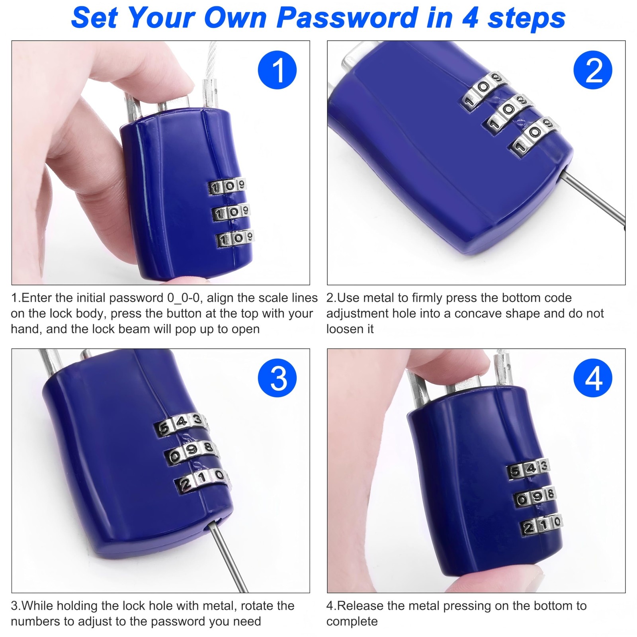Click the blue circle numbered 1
[277, 70]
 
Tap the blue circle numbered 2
[593, 70]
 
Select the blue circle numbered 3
[277, 378]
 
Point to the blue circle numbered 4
[593, 378]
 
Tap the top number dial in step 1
[227, 186]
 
